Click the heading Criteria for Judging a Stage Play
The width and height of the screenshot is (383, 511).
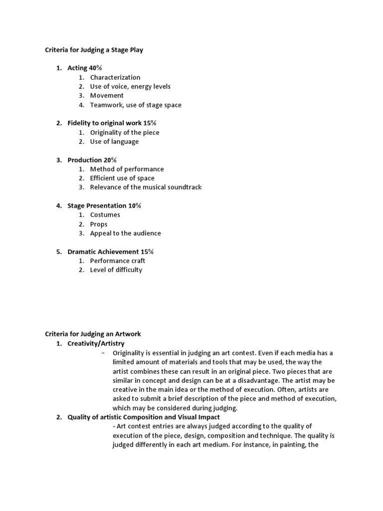94,50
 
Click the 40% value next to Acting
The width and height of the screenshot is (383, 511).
95,68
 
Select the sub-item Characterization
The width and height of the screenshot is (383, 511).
115,77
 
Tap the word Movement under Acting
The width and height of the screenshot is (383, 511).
107,95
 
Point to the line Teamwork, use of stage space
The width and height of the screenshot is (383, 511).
136,105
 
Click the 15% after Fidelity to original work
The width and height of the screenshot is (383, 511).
150,123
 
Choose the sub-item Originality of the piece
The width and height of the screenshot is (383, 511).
125,132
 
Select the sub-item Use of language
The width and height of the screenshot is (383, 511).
114,141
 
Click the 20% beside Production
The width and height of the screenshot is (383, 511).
110,160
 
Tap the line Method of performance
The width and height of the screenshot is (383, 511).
127,169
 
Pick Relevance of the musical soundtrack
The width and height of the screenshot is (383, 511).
146,187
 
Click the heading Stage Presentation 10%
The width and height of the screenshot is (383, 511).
104,206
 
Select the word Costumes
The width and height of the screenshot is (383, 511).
105,215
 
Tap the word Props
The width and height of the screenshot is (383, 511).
99,224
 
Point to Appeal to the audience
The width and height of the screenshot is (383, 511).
125,233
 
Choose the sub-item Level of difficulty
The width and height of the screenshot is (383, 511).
116,270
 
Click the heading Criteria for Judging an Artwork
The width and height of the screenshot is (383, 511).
93,334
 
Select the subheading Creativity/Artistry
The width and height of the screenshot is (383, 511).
96,343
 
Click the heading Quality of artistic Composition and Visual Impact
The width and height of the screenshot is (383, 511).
144,417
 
